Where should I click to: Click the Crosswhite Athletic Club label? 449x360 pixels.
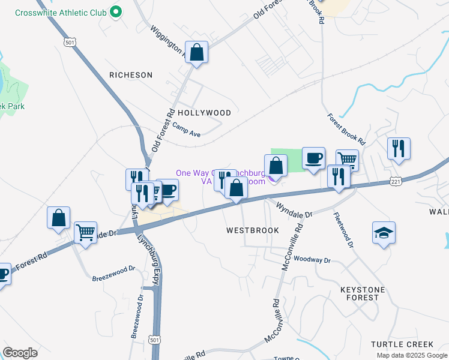pos(60,13)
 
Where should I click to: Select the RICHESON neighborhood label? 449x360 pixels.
pos(131,75)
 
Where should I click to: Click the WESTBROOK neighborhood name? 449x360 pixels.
pos(253,230)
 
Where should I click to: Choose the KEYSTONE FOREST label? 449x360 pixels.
pos(368,293)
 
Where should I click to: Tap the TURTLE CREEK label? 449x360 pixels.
pos(402,344)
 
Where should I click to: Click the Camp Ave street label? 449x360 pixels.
pos(186,130)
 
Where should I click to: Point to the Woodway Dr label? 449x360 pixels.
pos(312,260)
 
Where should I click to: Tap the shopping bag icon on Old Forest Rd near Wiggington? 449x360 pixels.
pos(196,52)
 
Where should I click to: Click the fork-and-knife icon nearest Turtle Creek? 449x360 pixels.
pos(399,148)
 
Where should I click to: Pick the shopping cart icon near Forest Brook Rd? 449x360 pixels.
pos(346,159)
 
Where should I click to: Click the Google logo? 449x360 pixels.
pos(20,353)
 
